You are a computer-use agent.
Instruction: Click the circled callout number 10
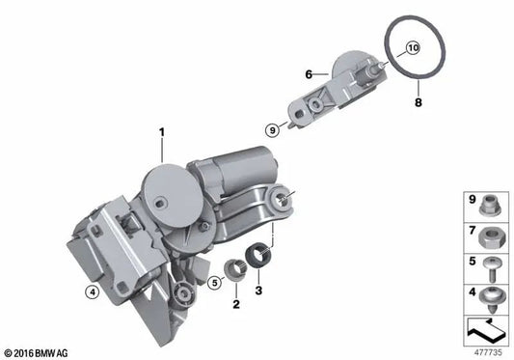click(413, 48)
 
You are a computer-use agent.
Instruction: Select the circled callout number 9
click(272, 130)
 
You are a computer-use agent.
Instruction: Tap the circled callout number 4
click(93, 291)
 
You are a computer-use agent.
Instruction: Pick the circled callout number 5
click(215, 282)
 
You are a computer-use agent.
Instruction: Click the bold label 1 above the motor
click(162, 133)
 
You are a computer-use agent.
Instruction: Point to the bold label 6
click(309, 74)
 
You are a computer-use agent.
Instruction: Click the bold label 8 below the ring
click(419, 102)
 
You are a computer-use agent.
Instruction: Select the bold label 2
click(236, 304)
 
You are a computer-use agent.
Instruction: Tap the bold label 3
click(258, 291)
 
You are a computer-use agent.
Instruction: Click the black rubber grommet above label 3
click(259, 255)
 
